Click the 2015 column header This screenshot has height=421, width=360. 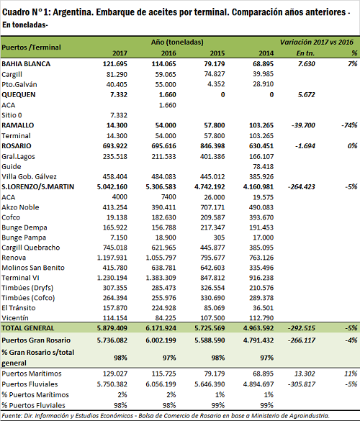click(217, 53)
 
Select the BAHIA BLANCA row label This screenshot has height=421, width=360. click(26, 64)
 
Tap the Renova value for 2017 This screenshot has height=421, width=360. click(112, 258)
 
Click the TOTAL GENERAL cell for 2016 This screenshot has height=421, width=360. click(161, 328)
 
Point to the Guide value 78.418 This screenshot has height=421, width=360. click(263, 167)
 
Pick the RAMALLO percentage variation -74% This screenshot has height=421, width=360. click(349, 125)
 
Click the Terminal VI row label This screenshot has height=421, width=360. click(20, 278)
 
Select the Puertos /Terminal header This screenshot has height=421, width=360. click(31, 47)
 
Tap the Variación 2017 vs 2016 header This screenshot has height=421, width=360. click(317, 42)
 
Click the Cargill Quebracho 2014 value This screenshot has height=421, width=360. click(261, 248)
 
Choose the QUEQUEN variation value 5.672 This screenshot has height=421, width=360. click(306, 95)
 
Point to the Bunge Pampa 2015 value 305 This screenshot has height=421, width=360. click(219, 237)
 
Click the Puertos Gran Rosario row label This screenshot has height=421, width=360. click(36, 340)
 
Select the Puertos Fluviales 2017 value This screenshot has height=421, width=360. click(112, 384)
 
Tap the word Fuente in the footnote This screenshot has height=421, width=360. click(12, 416)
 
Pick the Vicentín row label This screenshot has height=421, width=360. click(15, 318)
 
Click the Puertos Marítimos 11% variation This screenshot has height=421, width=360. click(351, 374)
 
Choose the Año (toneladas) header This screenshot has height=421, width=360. click(177, 42)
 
